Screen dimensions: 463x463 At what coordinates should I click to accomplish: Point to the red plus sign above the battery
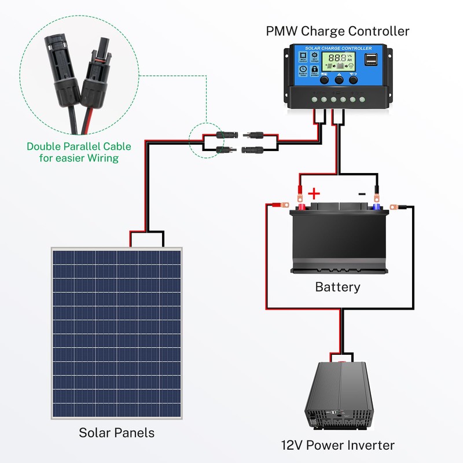[x=314, y=193]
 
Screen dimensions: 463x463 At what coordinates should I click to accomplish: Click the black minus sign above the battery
[x=362, y=193]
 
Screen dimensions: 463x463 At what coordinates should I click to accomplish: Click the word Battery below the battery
[x=337, y=286]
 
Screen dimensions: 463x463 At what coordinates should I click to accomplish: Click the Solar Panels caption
[x=116, y=432]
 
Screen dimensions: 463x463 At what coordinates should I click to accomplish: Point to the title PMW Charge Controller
[x=337, y=31]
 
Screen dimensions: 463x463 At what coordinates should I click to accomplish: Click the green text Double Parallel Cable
[x=79, y=146]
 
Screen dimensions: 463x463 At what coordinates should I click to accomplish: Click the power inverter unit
[x=339, y=394]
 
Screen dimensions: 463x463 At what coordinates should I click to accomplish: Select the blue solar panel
[x=116, y=333]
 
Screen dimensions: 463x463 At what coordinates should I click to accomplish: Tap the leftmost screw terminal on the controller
[x=313, y=99]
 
